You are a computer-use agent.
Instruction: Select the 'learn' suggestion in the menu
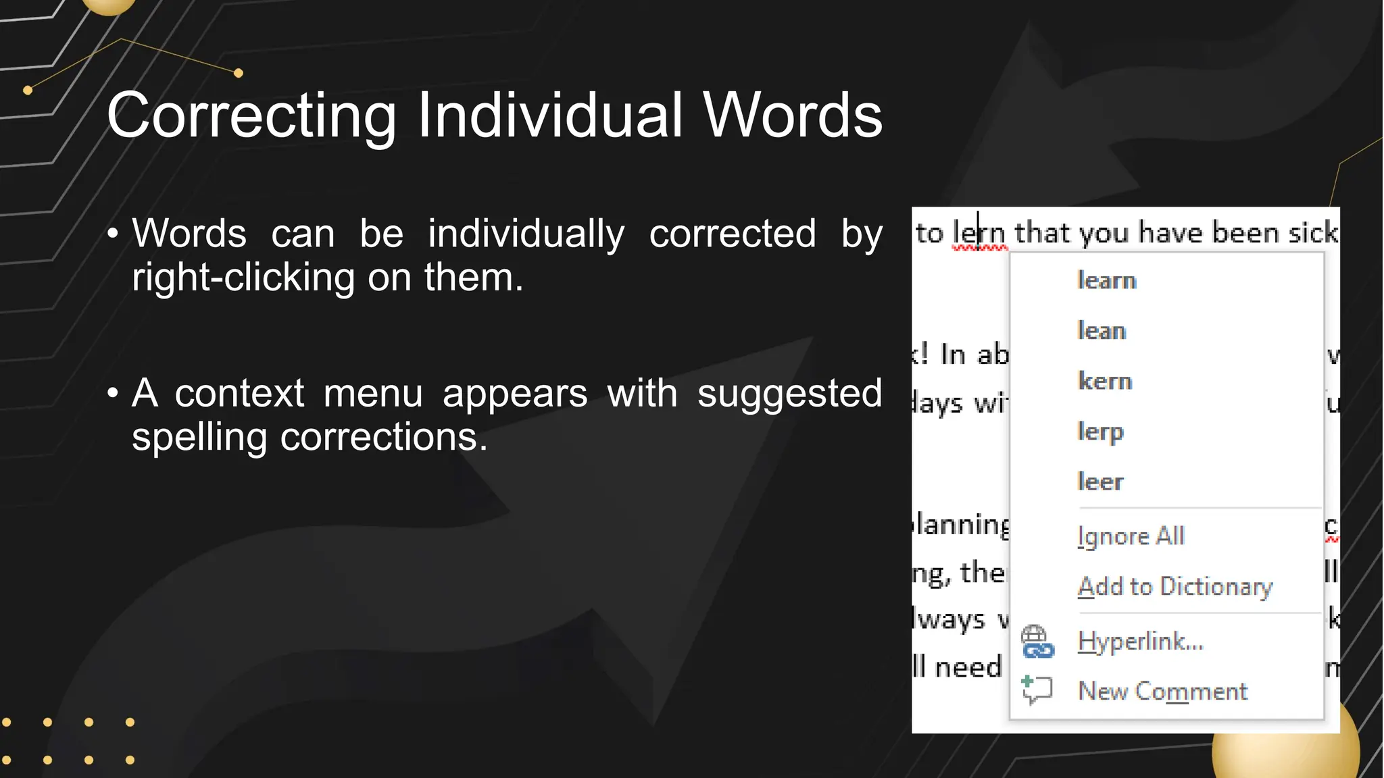tap(1106, 280)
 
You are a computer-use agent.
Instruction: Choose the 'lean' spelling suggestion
tap(1102, 331)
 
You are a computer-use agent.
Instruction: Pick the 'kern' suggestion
tap(1105, 381)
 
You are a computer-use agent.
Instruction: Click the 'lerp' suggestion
tap(1100, 432)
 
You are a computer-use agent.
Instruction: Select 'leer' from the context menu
tap(1100, 482)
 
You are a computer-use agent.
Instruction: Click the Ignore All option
tap(1131, 536)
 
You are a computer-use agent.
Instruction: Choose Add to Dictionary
tap(1175, 586)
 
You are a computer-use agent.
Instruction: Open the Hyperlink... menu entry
tap(1140, 641)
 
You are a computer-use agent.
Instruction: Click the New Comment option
tap(1162, 691)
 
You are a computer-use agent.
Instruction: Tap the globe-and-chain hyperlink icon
tap(1037, 642)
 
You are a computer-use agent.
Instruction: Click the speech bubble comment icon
tap(1037, 690)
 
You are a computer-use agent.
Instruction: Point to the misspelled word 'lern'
tap(979, 233)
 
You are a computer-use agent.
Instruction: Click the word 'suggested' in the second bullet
tap(789, 393)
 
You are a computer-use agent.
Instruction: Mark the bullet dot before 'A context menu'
tap(113, 393)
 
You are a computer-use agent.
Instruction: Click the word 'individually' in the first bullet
tap(526, 234)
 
